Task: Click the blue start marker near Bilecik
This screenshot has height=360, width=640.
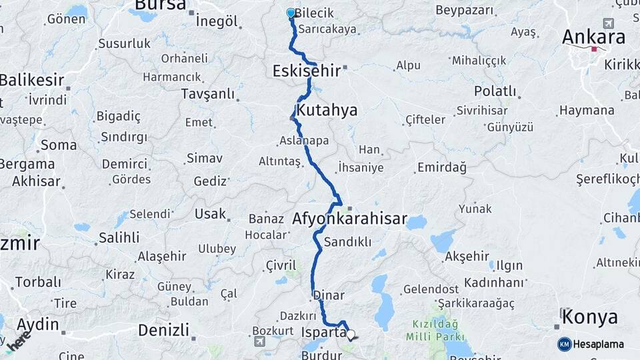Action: coord(291,13)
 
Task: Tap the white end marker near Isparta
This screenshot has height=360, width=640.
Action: coord(351,335)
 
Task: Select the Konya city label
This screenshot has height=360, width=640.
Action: coord(589,317)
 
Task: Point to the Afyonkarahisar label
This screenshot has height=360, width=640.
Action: coord(349,218)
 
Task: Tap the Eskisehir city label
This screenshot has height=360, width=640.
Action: coord(307,70)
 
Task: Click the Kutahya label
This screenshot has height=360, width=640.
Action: coord(327,110)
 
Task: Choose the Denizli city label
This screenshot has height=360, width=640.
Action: coord(163,329)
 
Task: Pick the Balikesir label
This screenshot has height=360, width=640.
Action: coord(32,81)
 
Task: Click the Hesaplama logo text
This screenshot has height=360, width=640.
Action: coord(599,344)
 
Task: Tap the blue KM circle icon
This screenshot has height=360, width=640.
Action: coord(564,344)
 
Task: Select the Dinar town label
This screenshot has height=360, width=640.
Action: coord(327,295)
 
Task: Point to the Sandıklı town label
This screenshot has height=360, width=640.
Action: coord(347,242)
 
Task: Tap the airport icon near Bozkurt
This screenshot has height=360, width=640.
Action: coord(259,341)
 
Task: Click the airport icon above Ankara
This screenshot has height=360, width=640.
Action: coord(607,23)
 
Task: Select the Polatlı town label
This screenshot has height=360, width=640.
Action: coord(495,91)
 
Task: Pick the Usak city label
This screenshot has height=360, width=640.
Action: coord(210,214)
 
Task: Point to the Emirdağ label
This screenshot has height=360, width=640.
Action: coord(441,167)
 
